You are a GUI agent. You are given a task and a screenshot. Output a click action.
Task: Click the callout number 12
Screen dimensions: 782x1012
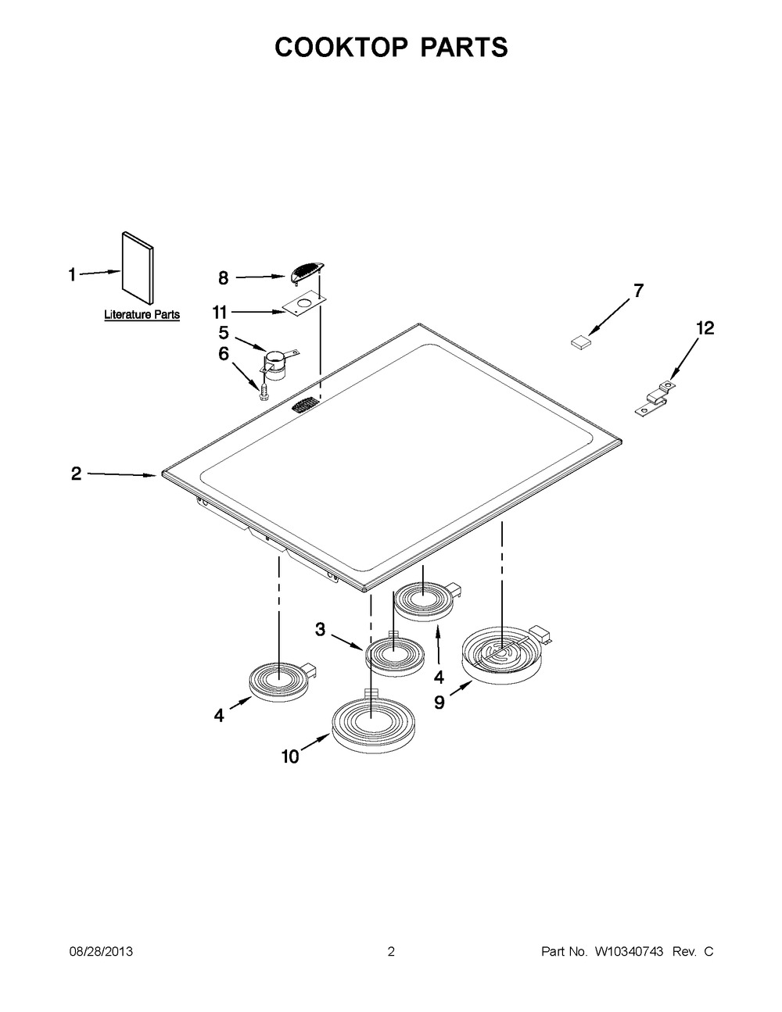(705, 328)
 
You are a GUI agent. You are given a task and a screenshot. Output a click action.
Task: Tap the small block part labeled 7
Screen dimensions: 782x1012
(580, 342)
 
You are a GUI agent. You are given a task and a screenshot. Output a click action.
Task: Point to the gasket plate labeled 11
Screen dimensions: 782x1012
(303, 305)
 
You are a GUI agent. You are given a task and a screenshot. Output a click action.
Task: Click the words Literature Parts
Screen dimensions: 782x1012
(142, 314)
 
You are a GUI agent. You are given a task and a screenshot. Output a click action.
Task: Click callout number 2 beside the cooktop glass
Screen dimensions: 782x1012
(77, 474)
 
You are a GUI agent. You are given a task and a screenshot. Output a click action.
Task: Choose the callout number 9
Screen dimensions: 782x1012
(439, 703)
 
